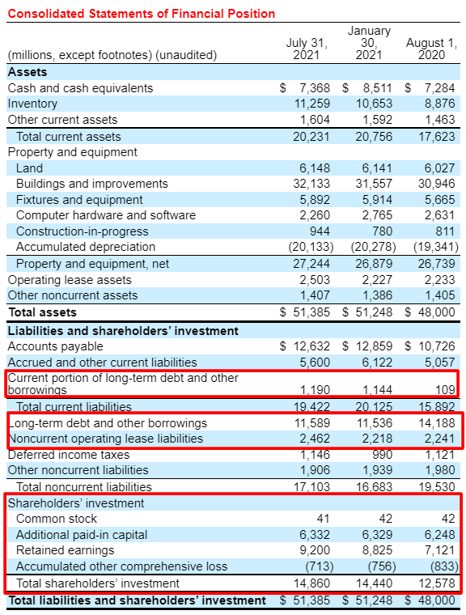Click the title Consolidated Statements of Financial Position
coord(142,14)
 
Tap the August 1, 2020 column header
coord(430,49)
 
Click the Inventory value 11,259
coord(311,104)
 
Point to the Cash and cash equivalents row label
coord(80,87)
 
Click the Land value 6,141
coord(374,168)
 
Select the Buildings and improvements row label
coord(91,184)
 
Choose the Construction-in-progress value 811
coord(444,231)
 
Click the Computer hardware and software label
coord(106,215)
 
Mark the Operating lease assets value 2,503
coord(314,279)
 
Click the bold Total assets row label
coord(42,312)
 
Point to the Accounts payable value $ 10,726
coord(430,346)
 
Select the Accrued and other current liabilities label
coord(102,363)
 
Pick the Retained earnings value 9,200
coord(314,550)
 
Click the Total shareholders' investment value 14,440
coord(371,583)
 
